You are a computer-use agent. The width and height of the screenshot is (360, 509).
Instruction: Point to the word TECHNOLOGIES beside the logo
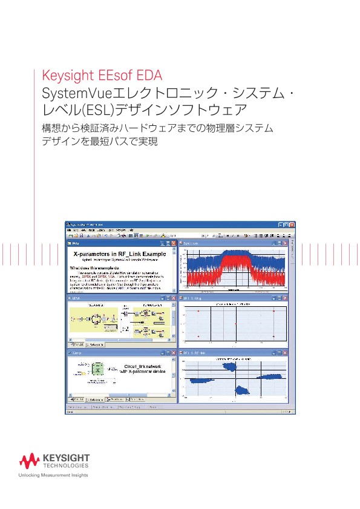click(65, 466)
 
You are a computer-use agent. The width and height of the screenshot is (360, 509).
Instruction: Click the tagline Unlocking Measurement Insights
click(54, 475)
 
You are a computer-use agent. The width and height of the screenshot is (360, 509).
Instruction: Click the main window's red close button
click(292, 224)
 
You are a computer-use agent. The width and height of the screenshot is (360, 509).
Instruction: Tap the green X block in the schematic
click(97, 368)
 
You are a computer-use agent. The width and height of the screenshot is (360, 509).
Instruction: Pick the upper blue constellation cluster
click(231, 366)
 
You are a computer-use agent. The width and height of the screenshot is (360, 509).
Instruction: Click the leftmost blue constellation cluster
click(200, 379)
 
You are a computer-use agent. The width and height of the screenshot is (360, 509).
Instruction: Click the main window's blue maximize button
click(286, 224)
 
